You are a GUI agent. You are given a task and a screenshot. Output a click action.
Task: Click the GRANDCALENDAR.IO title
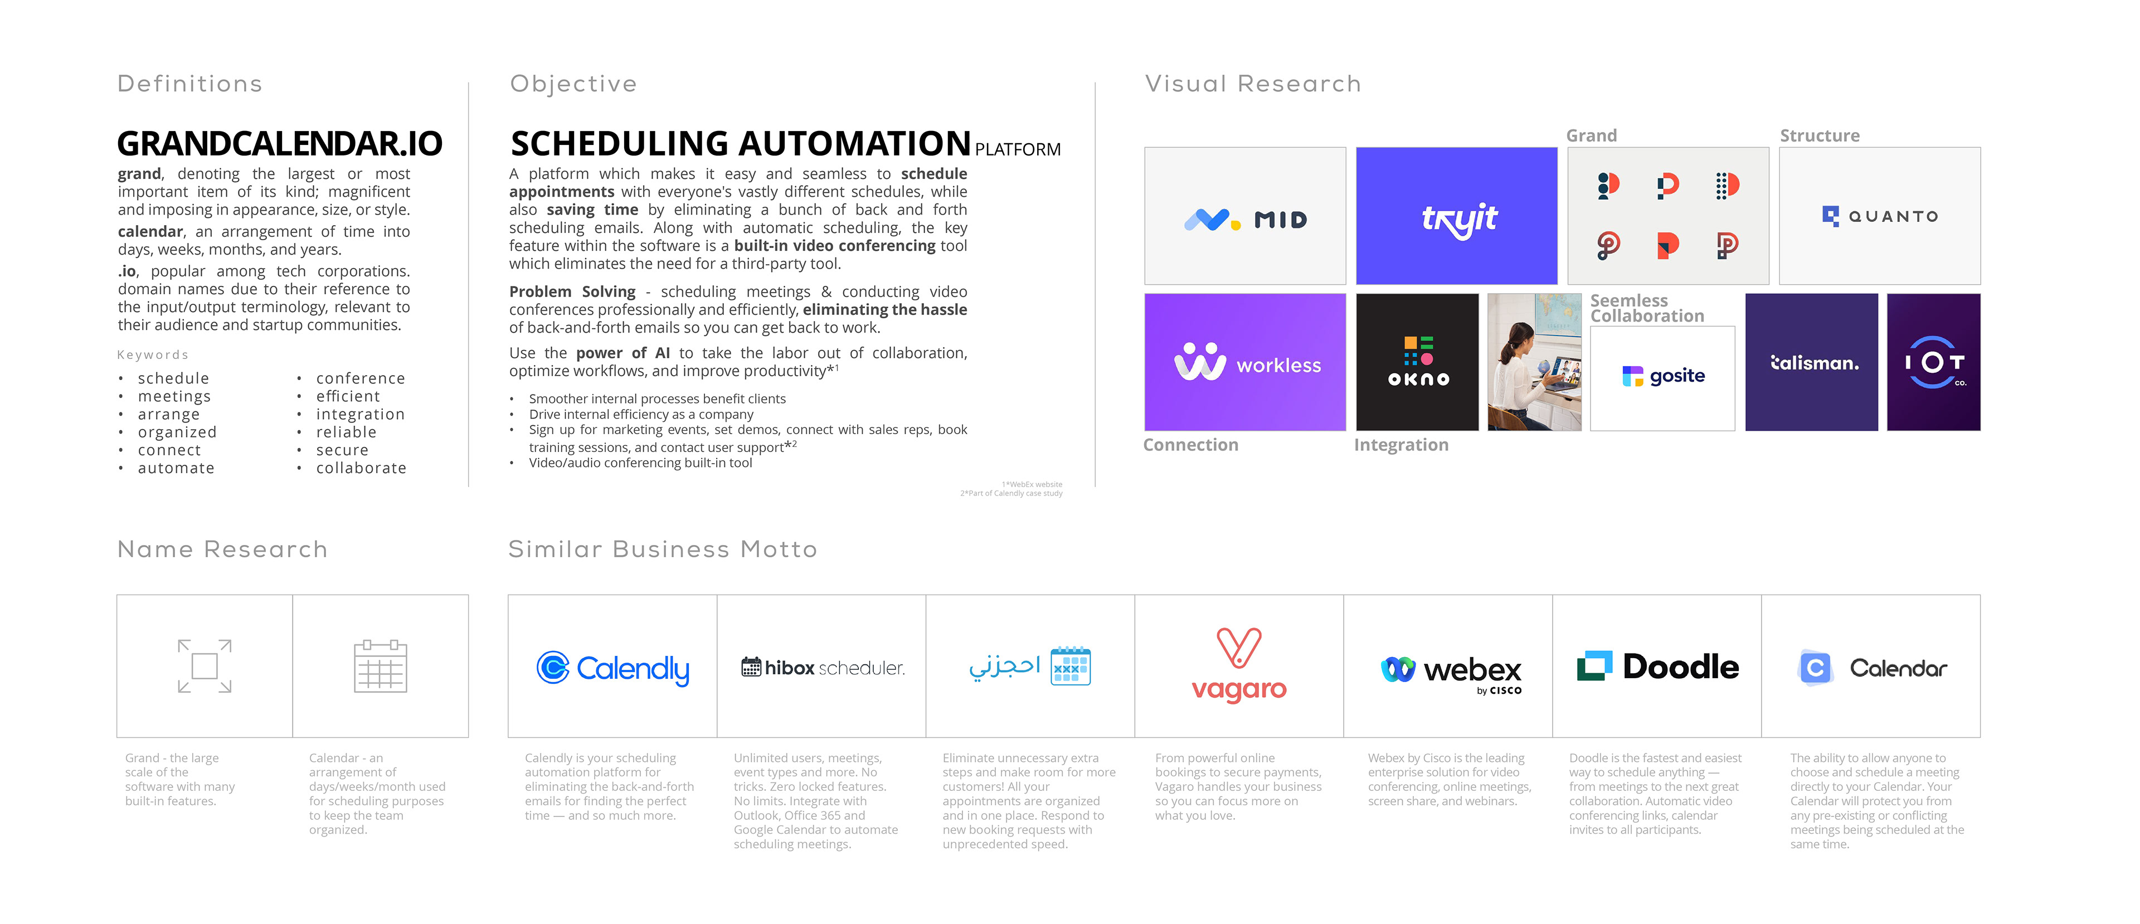pos(279,144)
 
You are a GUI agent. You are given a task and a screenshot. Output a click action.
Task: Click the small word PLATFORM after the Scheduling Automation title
pos(1017,149)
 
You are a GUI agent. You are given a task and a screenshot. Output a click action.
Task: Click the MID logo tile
pos(1244,218)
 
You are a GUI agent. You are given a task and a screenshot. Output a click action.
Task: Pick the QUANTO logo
pos(1879,216)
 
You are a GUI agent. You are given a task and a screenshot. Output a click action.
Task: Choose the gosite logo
pos(1662,376)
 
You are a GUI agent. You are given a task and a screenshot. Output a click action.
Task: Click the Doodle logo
pos(1657,667)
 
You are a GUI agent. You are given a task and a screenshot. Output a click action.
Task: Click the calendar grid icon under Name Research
pos(381,667)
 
